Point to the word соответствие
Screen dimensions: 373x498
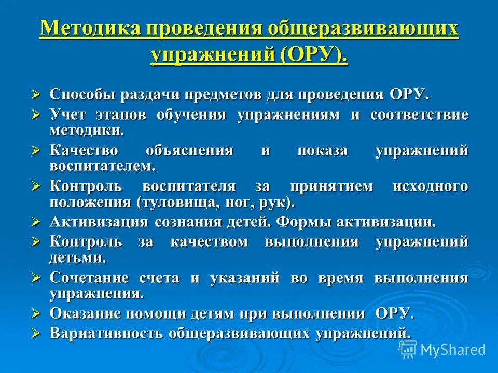pos(419,114)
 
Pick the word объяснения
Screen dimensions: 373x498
pos(189,151)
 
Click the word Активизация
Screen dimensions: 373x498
pos(98,222)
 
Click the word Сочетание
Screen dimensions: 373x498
pos(89,278)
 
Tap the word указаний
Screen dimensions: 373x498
pos(241,278)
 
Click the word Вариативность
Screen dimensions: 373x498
pos(105,333)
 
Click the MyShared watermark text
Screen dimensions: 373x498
pos(452,350)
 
